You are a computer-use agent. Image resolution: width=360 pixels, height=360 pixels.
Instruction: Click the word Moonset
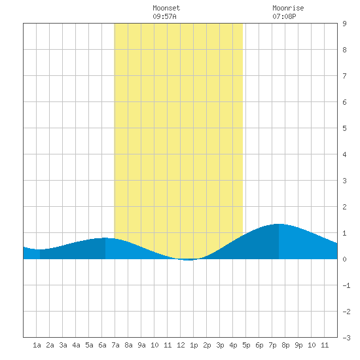coord(166,8)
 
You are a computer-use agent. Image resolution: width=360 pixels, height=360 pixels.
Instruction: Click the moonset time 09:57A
coord(164,16)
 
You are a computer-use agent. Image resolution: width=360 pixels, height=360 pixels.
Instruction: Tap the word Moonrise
coord(288,8)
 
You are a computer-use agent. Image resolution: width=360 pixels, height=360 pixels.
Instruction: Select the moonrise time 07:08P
coord(284,16)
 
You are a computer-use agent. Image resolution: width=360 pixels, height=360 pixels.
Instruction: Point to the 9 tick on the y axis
coord(344,24)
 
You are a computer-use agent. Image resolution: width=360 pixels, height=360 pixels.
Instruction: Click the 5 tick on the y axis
coord(344,128)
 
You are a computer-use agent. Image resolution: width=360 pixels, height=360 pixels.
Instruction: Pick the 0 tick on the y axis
coord(344,259)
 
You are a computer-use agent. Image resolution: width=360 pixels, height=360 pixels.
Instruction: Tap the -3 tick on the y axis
coord(346,338)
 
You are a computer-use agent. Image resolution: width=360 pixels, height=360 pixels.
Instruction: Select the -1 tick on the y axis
coord(346,285)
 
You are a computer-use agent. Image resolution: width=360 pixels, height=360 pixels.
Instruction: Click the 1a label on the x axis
coord(37,345)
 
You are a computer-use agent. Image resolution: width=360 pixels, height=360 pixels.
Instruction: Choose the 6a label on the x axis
coord(102,345)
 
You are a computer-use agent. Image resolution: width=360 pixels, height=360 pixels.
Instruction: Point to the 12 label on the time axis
coord(181,345)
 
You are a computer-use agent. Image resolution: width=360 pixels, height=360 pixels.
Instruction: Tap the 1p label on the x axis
coord(194,345)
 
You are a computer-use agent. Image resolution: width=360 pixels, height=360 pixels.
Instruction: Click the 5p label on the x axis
coord(246,345)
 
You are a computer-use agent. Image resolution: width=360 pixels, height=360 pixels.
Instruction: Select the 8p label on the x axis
coord(285,345)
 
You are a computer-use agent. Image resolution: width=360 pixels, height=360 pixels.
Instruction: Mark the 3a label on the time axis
coord(63,345)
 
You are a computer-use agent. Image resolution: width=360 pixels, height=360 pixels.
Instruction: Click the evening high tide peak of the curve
coord(279,224)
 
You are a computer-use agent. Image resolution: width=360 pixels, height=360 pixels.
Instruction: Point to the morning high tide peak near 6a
coord(105,238)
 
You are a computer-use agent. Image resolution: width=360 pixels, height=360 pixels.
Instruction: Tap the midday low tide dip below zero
coord(189,260)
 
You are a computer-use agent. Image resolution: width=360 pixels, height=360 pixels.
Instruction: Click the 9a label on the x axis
coord(141,345)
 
